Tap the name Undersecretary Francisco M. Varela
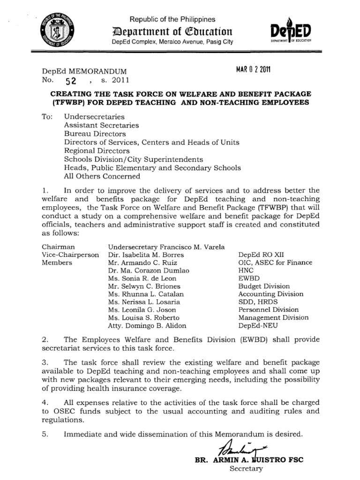[x=166, y=247]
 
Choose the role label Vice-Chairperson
[x=70, y=255]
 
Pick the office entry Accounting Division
[x=271, y=294]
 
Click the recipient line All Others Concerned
[x=102, y=176]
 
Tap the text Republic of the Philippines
[x=172, y=19]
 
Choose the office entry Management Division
[x=274, y=317]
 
